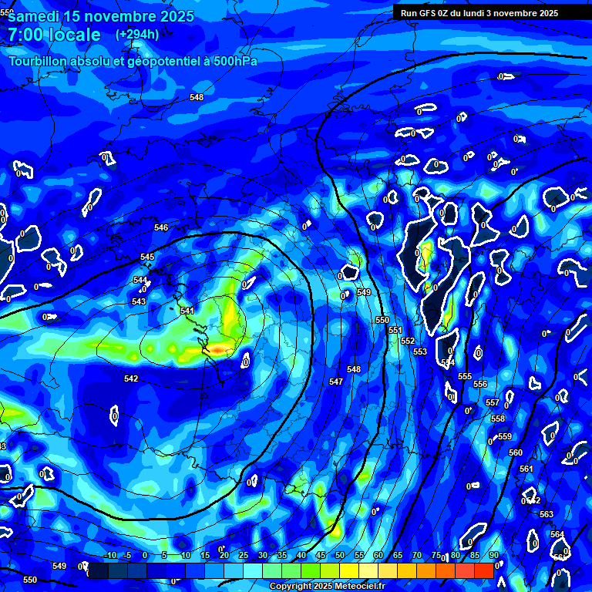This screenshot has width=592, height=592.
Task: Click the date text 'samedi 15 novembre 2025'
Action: click(x=100, y=16)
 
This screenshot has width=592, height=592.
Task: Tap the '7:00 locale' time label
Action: click(x=54, y=35)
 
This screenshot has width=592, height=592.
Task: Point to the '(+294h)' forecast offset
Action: click(x=137, y=35)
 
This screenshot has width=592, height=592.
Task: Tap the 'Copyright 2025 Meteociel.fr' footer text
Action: click(x=327, y=587)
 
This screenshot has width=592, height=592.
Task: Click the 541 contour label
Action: click(x=187, y=311)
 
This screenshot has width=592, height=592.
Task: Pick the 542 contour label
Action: click(x=131, y=378)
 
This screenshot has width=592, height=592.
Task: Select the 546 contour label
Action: click(x=161, y=227)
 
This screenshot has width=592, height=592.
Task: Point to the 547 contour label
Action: click(x=336, y=382)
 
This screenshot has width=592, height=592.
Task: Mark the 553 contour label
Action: click(x=420, y=351)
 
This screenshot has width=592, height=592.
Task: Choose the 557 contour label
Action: click(x=493, y=403)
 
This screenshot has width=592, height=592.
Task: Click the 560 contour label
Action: click(x=516, y=452)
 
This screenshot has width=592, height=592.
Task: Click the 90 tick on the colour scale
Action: click(x=493, y=555)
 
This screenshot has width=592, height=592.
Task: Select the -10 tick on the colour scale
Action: click(x=109, y=555)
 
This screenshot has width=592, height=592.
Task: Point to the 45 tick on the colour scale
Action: click(x=321, y=555)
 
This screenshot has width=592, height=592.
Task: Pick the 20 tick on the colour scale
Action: click(x=224, y=555)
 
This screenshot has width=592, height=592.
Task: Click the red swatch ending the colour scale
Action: click(x=483, y=570)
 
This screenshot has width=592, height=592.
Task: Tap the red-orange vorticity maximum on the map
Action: click(x=220, y=351)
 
